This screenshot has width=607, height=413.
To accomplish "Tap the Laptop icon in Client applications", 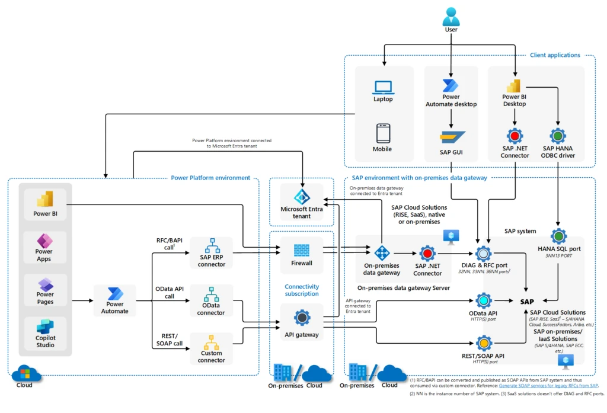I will click(383, 87).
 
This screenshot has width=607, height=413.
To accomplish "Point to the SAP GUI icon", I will click(451, 137).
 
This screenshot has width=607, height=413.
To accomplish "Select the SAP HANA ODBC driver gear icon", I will click(558, 137).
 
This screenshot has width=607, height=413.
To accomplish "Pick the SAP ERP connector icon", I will click(212, 246).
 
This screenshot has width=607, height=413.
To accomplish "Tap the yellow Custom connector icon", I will click(212, 342).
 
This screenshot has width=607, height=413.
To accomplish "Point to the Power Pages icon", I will click(45, 284).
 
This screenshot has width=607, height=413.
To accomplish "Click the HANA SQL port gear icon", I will click(558, 236).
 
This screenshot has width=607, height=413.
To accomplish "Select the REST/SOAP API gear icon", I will click(484, 343).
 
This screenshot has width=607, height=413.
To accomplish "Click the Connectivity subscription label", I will click(302, 290).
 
